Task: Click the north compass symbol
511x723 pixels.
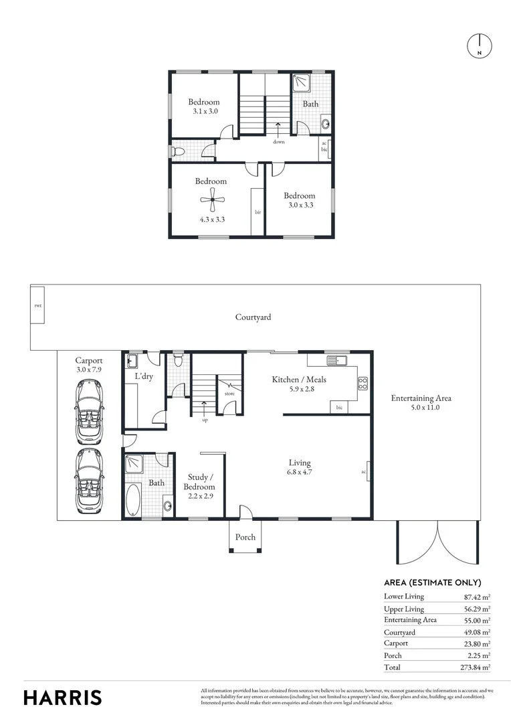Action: click(479, 45)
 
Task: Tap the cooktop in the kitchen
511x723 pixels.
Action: click(363, 384)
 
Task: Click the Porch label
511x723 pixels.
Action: click(244, 537)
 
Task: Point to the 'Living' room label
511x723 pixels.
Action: click(299, 463)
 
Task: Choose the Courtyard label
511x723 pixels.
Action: click(253, 317)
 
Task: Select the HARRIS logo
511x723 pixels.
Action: click(63, 697)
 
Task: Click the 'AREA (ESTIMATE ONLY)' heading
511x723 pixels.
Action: click(432, 582)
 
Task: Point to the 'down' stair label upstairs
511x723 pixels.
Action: click(278, 142)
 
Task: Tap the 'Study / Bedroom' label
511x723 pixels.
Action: click(199, 482)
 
